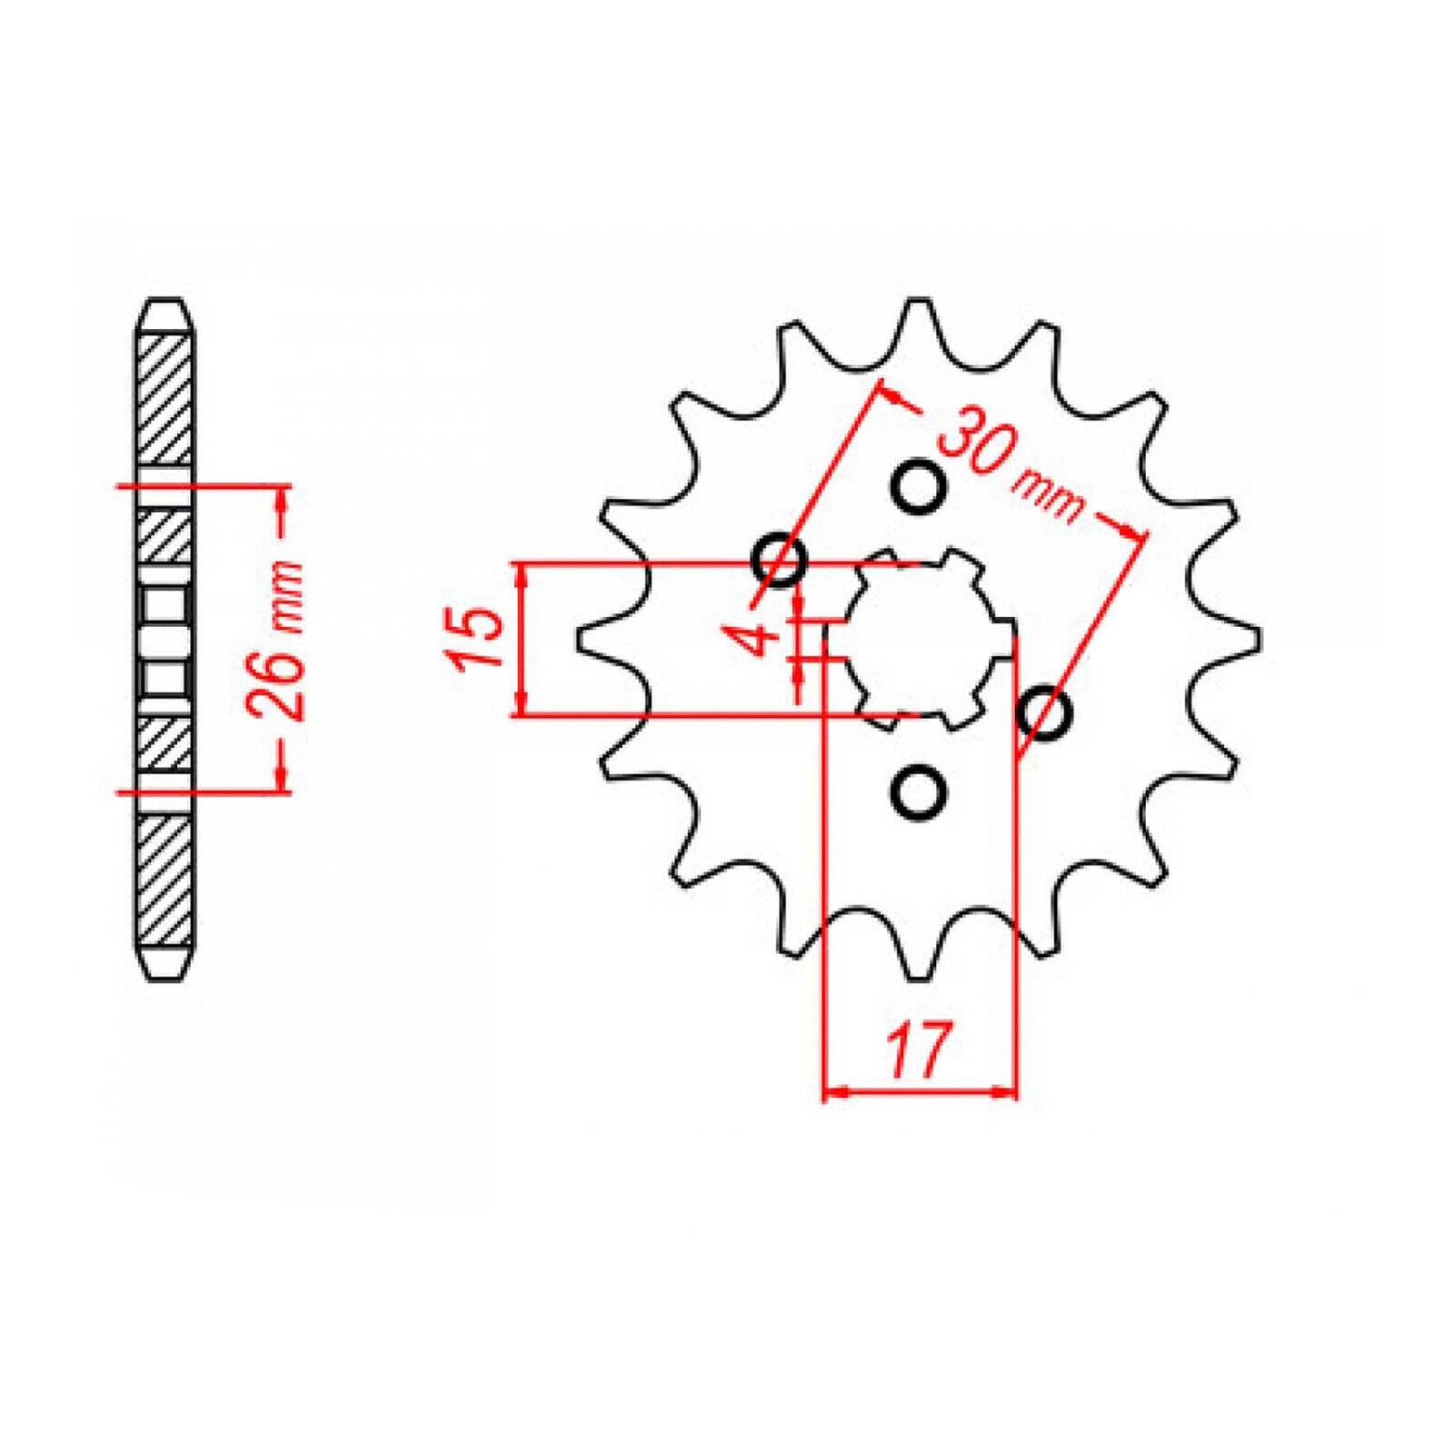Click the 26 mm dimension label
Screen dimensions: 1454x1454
(x=278, y=640)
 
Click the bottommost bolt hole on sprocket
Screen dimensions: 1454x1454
(x=918, y=792)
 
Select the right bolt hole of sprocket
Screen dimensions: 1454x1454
(x=1044, y=712)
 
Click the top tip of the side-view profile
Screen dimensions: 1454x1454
(x=164, y=304)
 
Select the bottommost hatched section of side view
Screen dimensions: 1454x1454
(x=164, y=881)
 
